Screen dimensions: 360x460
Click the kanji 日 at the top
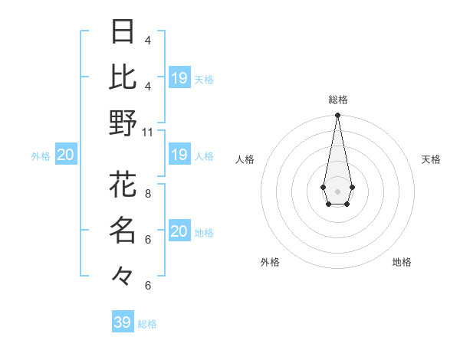point(123,31)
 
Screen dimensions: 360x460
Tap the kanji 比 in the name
point(123,77)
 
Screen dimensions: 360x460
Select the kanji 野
point(123,123)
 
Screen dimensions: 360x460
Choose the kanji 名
point(123,229)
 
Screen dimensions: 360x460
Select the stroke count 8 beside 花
point(148,194)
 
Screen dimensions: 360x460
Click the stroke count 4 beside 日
point(148,40)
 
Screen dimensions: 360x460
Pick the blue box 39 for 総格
point(123,322)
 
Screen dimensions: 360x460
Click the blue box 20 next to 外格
point(65,155)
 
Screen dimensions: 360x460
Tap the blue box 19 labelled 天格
point(179,78)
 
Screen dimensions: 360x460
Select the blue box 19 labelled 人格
point(179,155)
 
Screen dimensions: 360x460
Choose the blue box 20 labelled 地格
point(179,231)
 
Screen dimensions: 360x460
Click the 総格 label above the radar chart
point(337,100)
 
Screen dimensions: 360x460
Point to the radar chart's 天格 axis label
point(431,159)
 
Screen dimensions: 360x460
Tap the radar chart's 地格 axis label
point(402,262)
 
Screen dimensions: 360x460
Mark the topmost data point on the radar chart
point(337,116)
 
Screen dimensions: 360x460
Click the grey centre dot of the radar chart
point(337,191)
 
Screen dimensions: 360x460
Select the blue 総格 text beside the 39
point(147,324)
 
